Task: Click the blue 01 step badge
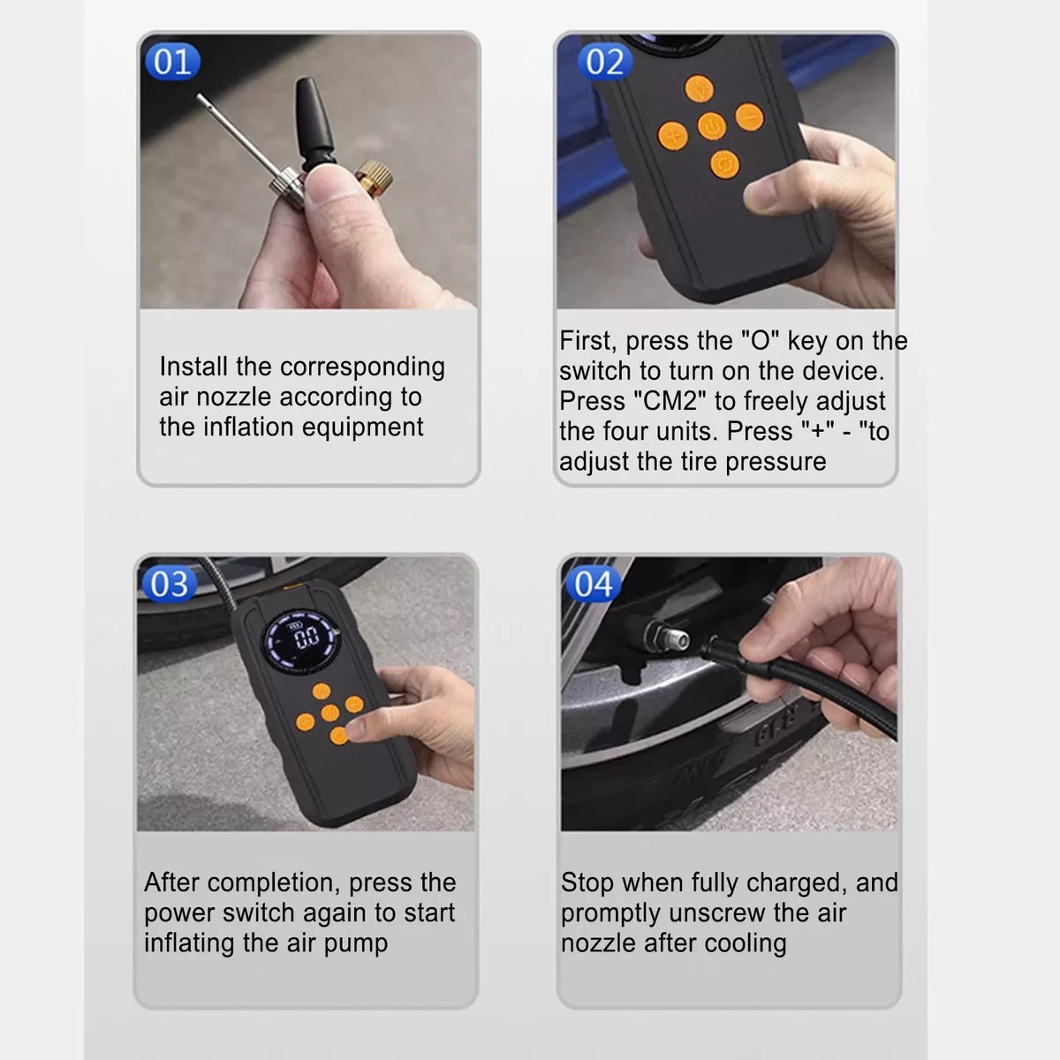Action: (171, 62)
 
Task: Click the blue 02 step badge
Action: (605, 62)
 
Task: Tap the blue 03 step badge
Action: (169, 584)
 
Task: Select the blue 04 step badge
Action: (593, 584)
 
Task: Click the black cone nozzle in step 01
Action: (314, 120)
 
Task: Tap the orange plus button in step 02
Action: (673, 136)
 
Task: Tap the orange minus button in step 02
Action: (749, 117)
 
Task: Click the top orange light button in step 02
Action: (700, 88)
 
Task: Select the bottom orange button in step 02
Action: (724, 164)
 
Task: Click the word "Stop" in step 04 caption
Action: (587, 882)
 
